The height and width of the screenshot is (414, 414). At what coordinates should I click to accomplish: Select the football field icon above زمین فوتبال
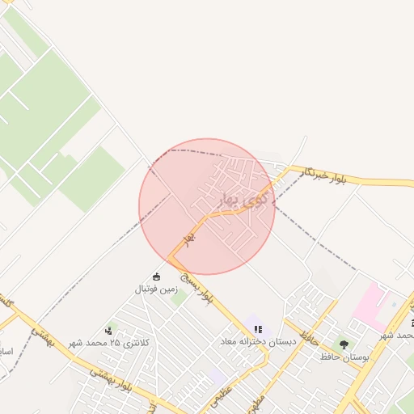[x=156, y=277]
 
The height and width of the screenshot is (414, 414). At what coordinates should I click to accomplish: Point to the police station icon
[x=108, y=331]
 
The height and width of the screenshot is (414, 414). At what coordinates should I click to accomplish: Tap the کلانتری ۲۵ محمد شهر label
[x=114, y=343]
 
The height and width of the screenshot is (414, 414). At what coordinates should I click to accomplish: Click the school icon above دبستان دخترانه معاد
[x=258, y=329]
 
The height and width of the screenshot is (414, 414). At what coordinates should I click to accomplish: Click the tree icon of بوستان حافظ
[x=344, y=345]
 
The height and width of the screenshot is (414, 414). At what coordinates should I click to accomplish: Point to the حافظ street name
[x=306, y=331]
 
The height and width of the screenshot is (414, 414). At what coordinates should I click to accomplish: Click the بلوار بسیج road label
[x=198, y=289]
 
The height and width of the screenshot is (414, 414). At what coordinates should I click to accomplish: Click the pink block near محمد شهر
[x=370, y=305]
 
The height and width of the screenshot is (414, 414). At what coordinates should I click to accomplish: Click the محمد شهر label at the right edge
[x=398, y=335]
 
